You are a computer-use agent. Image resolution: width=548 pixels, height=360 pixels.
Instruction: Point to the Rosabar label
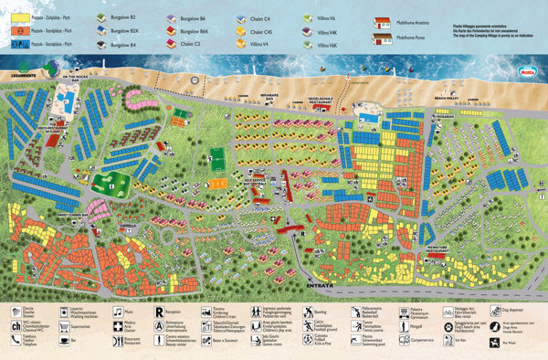coord(445,116)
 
